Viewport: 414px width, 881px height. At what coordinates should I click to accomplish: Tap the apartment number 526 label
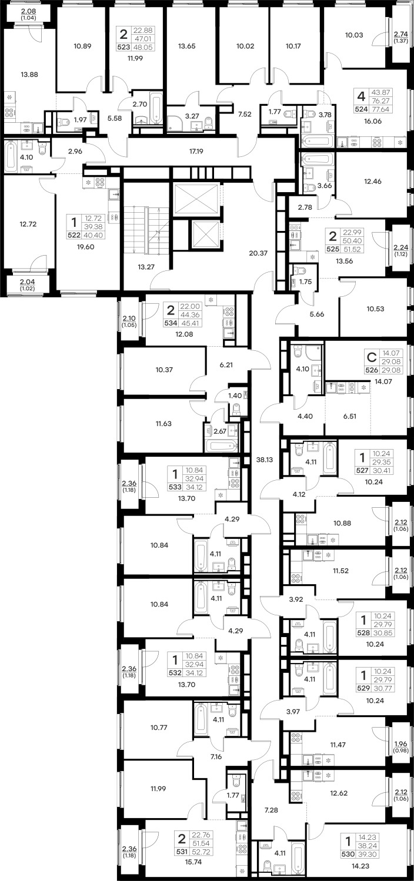372,370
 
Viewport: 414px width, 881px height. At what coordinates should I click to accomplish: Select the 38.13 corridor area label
265,459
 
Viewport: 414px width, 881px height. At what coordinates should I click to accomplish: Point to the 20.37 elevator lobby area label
258,253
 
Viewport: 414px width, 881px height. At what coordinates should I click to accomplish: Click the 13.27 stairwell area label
145,267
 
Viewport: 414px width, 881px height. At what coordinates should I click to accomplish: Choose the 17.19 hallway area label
196,151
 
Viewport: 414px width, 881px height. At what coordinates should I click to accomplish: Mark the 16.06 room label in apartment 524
373,121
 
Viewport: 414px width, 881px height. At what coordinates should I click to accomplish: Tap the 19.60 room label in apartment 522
85,247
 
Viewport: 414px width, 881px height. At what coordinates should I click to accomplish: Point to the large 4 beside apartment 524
361,96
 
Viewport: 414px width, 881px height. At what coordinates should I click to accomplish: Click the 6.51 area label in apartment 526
350,416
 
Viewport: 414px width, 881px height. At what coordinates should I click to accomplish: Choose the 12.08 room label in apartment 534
184,334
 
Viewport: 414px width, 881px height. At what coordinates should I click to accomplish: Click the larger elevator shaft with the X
196,199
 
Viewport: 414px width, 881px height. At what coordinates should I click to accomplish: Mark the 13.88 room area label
29,74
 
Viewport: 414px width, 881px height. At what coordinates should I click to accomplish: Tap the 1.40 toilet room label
235,396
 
